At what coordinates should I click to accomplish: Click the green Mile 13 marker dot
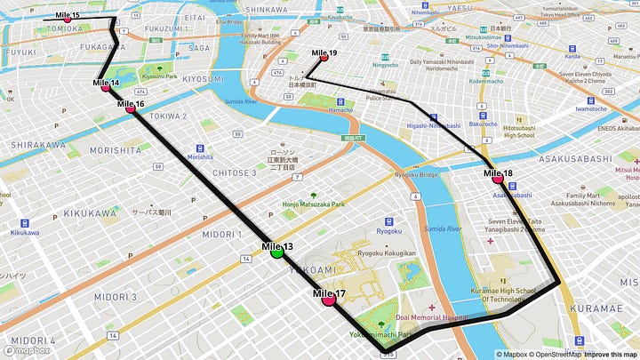point(276,252)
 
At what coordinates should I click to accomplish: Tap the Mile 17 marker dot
point(329,300)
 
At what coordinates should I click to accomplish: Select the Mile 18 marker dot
point(498,179)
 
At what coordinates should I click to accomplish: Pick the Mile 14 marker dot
point(106,87)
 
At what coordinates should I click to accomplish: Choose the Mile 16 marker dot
point(131,108)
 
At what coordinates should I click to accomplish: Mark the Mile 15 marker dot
point(67,20)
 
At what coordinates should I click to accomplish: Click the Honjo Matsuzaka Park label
point(313,205)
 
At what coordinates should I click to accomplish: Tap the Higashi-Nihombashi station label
point(430,125)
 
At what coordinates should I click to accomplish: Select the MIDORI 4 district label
point(33,340)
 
